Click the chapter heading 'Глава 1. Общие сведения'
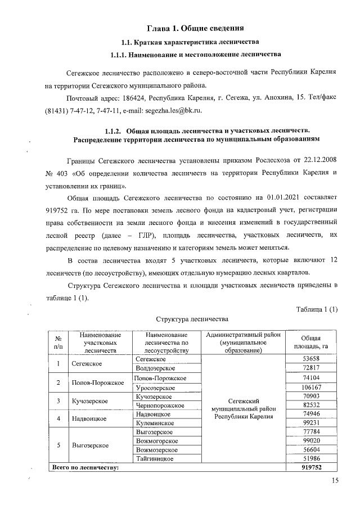point(195,27)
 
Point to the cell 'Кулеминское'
point(154,424)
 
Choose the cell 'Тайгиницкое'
point(155,459)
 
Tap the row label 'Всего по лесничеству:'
point(85,467)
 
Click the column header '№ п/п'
point(57,342)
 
